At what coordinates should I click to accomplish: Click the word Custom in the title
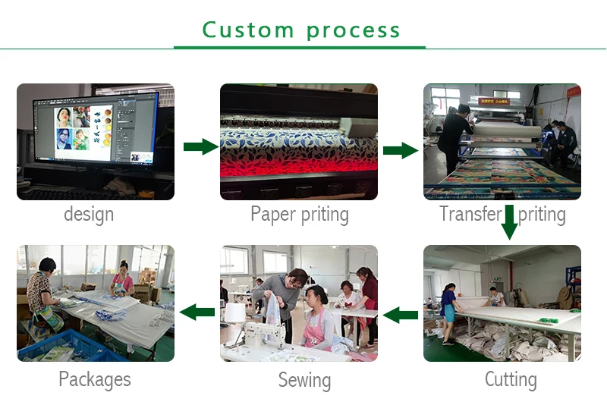point(247,30)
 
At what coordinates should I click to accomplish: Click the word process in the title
point(354,31)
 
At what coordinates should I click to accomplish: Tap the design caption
point(89,215)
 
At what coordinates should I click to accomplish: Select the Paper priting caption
point(300,215)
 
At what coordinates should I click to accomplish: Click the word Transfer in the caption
point(470,215)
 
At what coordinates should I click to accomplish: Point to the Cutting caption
point(511,378)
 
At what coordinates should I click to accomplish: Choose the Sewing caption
point(304,379)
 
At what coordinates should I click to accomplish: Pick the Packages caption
point(95,378)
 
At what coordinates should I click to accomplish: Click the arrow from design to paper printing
point(200,147)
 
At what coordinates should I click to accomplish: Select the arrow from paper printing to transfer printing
point(400,150)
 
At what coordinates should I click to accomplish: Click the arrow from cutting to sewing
point(400,313)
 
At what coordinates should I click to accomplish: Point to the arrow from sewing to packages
point(197,311)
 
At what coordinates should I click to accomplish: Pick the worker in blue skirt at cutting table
point(448,311)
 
